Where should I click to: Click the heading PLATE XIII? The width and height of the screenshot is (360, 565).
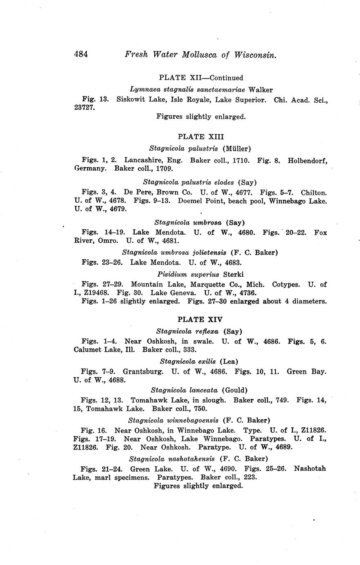point(201,137)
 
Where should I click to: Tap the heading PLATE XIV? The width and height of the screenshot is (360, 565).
point(200,319)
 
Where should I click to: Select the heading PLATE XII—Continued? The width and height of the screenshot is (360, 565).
point(201,78)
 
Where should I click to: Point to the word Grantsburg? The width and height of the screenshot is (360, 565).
point(143,372)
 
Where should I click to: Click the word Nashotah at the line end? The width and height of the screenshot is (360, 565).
point(310,468)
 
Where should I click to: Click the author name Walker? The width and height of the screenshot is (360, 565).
point(261,89)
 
